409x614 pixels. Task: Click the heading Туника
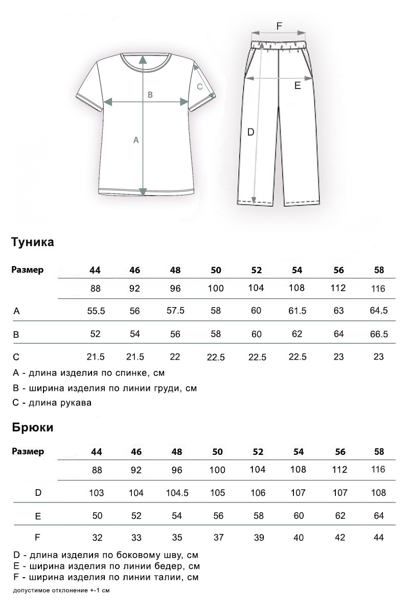(x=33, y=242)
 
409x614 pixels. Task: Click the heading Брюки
(x=33, y=427)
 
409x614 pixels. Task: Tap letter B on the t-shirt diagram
(x=150, y=94)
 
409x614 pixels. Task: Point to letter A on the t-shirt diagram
(x=136, y=139)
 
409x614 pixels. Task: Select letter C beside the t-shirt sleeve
(x=200, y=86)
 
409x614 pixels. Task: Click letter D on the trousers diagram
(x=251, y=132)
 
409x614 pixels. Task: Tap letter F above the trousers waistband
(x=279, y=26)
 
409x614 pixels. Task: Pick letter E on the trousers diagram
(x=297, y=86)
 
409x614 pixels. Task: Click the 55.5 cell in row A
(x=96, y=311)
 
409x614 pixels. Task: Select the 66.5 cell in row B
(x=378, y=334)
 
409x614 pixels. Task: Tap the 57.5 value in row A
(x=175, y=311)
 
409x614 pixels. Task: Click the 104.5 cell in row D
(x=177, y=493)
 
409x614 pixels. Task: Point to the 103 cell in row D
(x=96, y=493)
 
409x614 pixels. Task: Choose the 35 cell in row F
(x=177, y=537)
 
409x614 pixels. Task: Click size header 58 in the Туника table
(x=379, y=270)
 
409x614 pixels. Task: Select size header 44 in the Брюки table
(x=96, y=452)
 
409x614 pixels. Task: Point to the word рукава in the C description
(x=75, y=403)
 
